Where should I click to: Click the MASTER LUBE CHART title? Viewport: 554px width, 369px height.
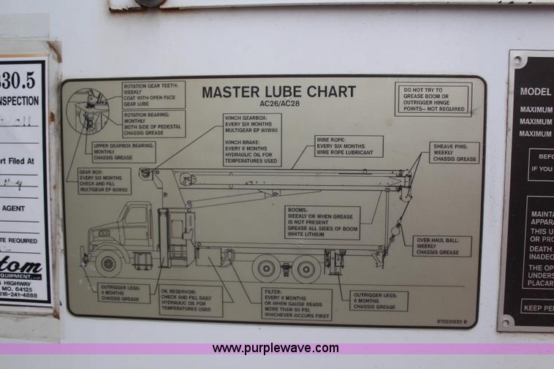click(x=278, y=92)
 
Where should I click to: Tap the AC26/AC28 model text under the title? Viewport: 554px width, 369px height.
click(x=278, y=104)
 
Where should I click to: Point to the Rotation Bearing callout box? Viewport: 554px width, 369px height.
click(x=153, y=123)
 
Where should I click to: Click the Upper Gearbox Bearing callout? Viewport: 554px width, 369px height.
click(x=124, y=151)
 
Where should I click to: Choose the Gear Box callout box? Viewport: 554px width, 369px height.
click(x=105, y=180)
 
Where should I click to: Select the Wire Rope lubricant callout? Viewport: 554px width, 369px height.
click(x=349, y=146)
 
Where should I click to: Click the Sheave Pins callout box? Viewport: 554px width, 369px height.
click(x=454, y=153)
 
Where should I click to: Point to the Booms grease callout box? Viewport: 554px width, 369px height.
click(x=322, y=222)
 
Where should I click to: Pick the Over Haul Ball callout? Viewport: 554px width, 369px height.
click(x=441, y=246)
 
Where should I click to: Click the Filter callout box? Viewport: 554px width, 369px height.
click(x=296, y=304)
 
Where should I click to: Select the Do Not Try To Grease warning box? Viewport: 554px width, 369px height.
click(x=433, y=99)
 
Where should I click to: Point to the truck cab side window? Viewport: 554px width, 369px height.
click(x=136, y=216)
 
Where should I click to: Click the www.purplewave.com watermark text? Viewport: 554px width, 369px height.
click(x=276, y=349)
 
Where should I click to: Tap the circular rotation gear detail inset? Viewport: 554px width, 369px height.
click(x=88, y=110)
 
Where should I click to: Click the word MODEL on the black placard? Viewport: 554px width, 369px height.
click(x=536, y=92)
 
